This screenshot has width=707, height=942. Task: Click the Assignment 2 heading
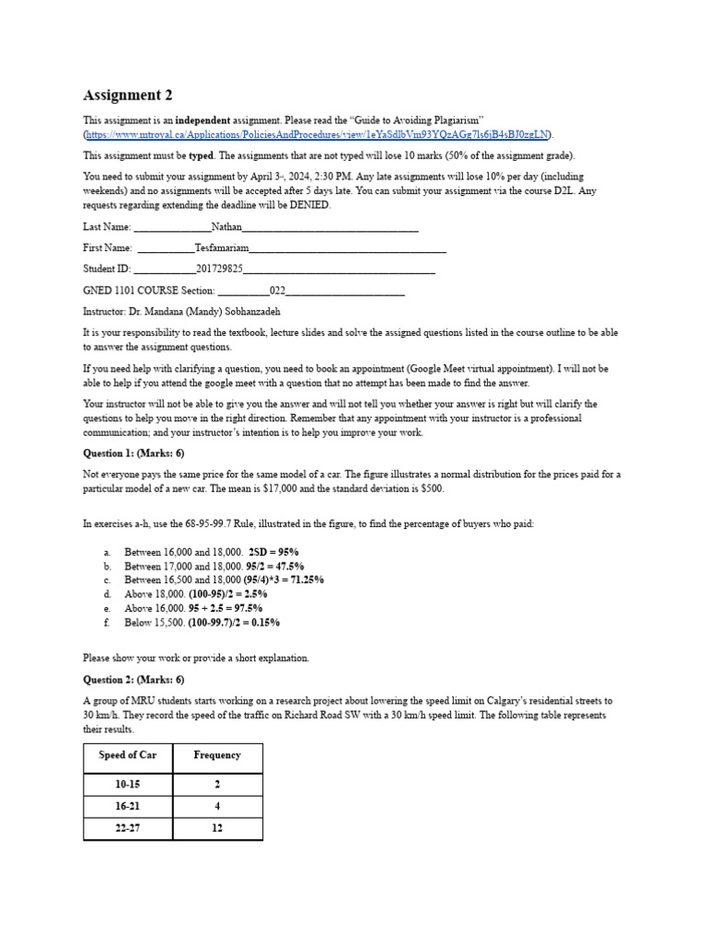[x=127, y=95]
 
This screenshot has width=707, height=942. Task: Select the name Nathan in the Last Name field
[x=226, y=225]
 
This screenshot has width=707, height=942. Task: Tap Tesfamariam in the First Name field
[x=222, y=247]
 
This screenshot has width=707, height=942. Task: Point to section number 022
[x=277, y=291]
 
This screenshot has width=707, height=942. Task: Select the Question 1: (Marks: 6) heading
[x=133, y=453]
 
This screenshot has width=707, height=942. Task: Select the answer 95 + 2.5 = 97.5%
[x=225, y=608]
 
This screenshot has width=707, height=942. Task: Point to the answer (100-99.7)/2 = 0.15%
[x=234, y=622]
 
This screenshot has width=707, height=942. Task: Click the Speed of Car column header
[x=127, y=755]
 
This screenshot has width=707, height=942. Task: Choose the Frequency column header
[x=217, y=755]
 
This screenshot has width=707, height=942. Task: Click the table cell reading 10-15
[x=127, y=785]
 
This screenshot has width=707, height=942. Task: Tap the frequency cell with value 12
[x=217, y=829]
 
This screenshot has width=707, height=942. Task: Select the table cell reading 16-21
[x=127, y=807]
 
